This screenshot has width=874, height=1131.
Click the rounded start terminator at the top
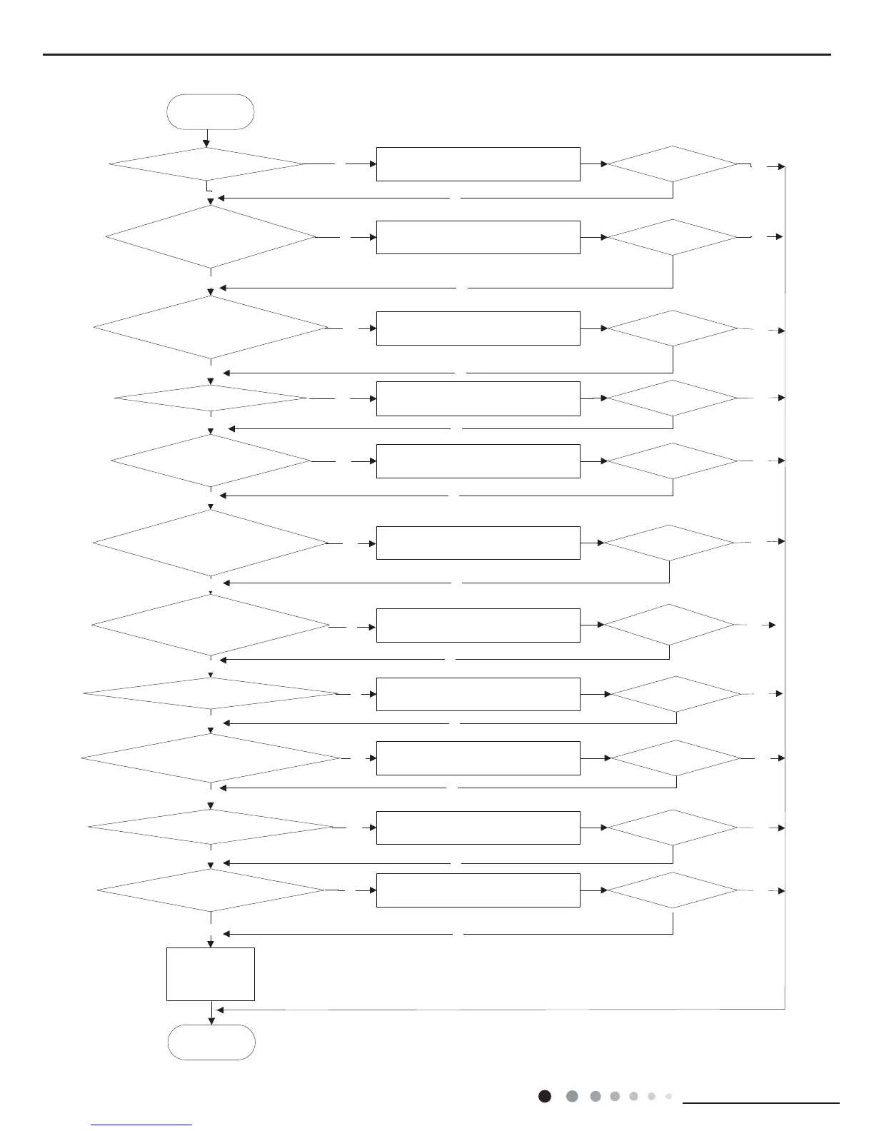[x=210, y=112]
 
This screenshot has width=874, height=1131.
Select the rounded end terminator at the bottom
[x=211, y=1042]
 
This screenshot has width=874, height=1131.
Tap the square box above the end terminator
[x=211, y=974]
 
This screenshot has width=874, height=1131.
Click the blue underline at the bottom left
[x=142, y=1125]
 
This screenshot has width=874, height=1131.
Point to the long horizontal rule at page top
[x=437, y=54]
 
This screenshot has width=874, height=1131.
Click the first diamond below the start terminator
[x=206, y=164]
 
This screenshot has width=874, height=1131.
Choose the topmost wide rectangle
[x=478, y=164]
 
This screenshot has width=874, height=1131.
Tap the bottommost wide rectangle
[x=478, y=890]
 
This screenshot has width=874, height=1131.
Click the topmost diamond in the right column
[x=672, y=164]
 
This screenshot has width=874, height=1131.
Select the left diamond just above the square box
[x=211, y=890]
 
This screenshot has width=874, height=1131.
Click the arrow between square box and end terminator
[x=211, y=1013]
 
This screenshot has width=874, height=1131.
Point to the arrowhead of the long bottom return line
[x=220, y=1010]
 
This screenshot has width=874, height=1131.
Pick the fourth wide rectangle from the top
[x=478, y=398]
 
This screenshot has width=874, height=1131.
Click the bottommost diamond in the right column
[x=672, y=890]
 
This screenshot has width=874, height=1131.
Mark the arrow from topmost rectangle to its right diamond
[x=593, y=164]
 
